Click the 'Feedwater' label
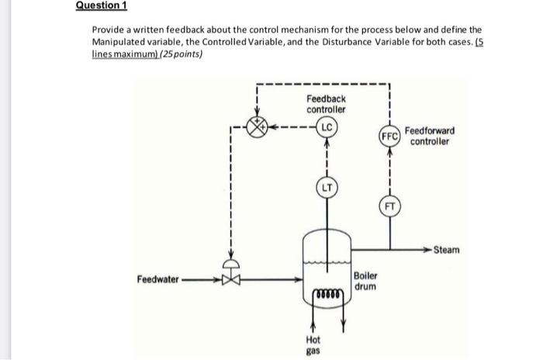point(157,278)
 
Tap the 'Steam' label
point(447,250)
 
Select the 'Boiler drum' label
point(365,281)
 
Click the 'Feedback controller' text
point(326,103)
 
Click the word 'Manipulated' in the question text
point(128,40)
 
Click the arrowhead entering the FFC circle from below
point(390,151)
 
